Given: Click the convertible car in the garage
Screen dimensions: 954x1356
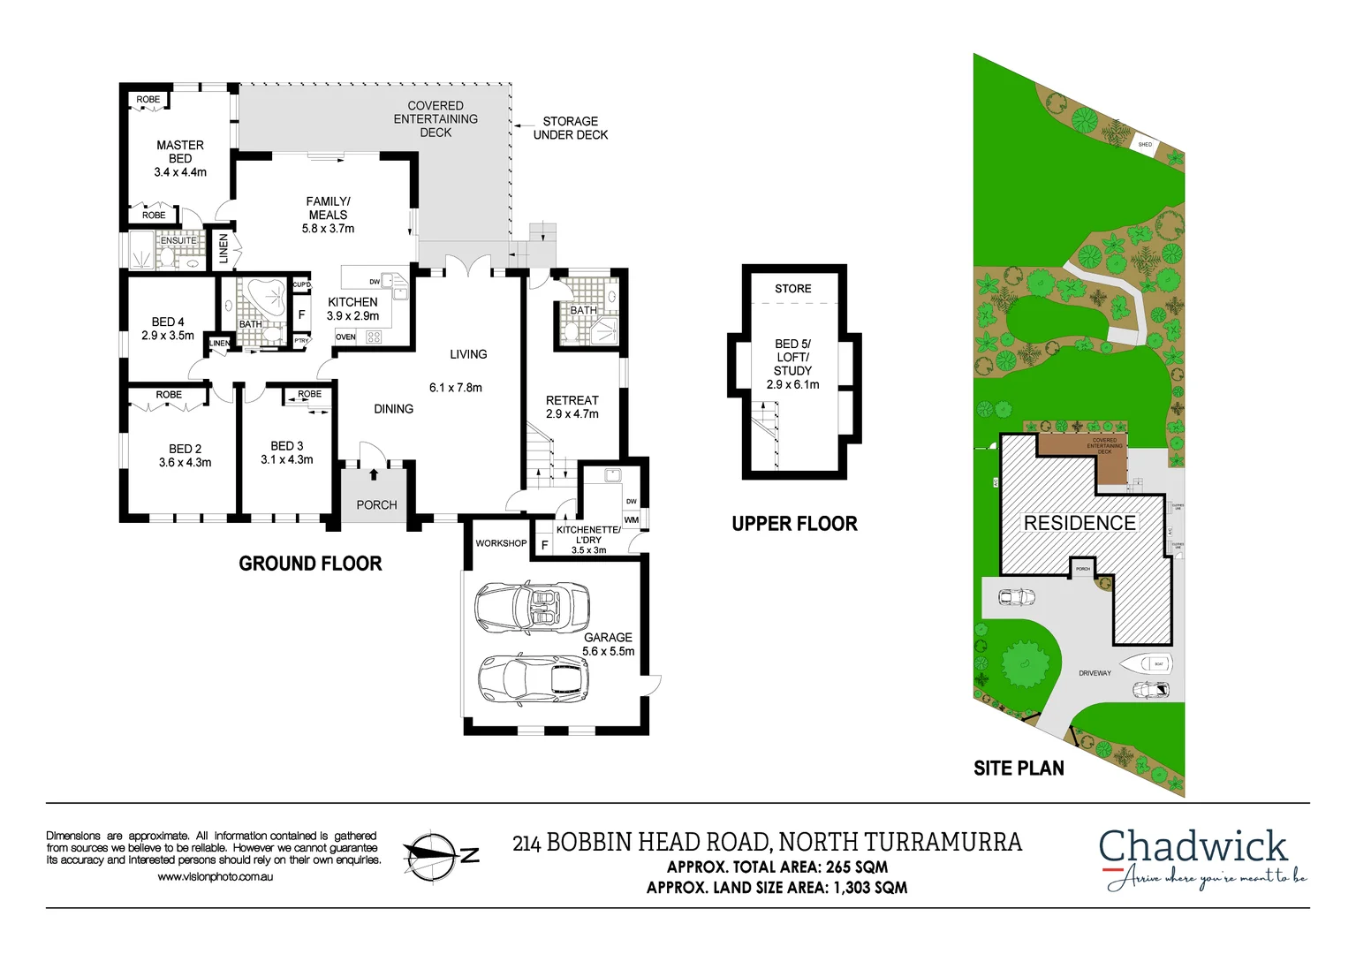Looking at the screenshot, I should point(531,608).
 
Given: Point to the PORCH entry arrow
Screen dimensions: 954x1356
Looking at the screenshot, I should point(374,474).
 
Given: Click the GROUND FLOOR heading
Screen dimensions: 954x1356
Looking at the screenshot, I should point(310,564).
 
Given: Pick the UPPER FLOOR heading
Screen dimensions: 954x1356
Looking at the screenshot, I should point(794,524).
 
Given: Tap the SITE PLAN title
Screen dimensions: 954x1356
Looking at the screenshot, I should point(1019,768).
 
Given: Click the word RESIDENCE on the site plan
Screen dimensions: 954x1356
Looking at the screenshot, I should point(1079,523).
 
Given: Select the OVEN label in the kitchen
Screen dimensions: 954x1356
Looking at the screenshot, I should point(345,337).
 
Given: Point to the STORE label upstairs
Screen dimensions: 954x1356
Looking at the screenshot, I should point(792,289).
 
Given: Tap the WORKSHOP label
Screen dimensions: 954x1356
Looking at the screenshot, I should point(501,543).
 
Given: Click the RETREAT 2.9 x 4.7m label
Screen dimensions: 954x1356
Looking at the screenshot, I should point(572,407).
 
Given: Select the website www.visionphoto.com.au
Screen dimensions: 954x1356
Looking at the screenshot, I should point(215,876).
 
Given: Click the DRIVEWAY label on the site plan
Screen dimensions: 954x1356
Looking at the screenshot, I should point(1095,673).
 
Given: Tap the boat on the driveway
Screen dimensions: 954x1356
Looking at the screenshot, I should point(1146,663).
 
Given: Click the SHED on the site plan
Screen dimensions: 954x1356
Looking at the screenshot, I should point(1145,144).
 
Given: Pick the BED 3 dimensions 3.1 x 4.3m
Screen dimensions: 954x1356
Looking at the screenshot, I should point(286,459).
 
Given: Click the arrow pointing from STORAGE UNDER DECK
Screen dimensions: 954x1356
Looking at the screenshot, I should point(523,126).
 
